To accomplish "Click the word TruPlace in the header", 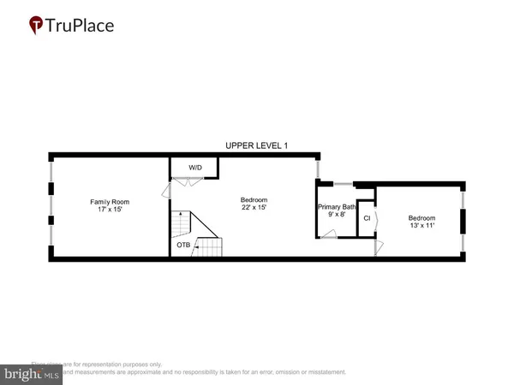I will pos(82,25).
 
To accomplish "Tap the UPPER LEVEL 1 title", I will pos(256,145).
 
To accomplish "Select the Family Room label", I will pos(110,202).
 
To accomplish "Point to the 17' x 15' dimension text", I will pos(110,210).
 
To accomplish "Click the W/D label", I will pos(195,168).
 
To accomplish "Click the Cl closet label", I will pos(367,218).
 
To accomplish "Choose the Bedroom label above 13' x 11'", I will pos(421,217).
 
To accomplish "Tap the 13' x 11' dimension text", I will pos(421,226).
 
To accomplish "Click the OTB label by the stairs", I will pos(183,246).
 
